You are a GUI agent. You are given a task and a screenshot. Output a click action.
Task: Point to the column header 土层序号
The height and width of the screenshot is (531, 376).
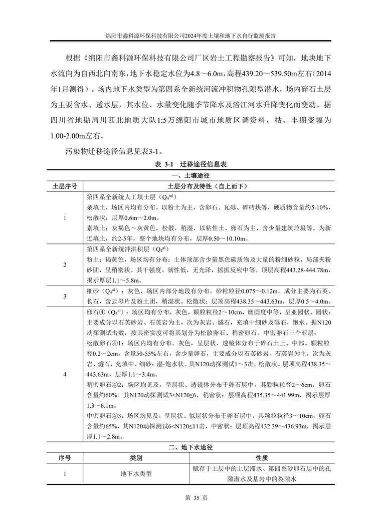click(x=65, y=186)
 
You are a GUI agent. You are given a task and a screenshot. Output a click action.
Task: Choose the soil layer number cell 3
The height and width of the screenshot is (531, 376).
click(x=65, y=296)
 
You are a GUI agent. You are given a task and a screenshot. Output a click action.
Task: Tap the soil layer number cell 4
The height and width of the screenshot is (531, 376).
click(x=65, y=374)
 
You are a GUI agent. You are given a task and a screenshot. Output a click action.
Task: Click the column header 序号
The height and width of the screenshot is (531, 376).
click(x=65, y=458)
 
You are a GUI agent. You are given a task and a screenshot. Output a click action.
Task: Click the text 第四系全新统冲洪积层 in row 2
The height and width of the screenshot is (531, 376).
click(x=123, y=249)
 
